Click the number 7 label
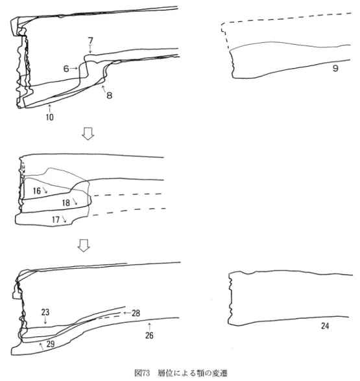[x=91, y=40]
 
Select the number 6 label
[x=66, y=69]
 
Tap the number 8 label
[x=110, y=95]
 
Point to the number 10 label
[x=49, y=117]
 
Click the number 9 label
[x=335, y=68]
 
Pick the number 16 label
[x=37, y=190]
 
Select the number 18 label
[x=66, y=203]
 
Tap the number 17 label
[x=56, y=220]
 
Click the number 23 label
[x=45, y=312]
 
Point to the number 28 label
[x=136, y=313]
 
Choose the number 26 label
[x=149, y=336]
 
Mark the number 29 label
[x=51, y=344]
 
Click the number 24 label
[x=325, y=326]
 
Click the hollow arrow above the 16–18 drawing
[x=88, y=133]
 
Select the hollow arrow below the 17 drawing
[x=84, y=246]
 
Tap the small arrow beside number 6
[x=74, y=69]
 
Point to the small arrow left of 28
[x=127, y=313]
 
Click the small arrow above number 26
[x=150, y=327]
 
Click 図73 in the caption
[x=142, y=373]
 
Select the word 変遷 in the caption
[x=220, y=373]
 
